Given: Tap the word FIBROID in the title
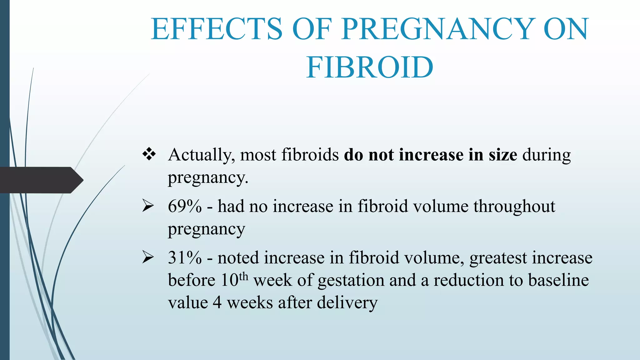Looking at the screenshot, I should click(370, 67).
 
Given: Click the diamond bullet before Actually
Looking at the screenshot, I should click(149, 154).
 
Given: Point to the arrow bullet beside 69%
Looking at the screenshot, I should click(148, 206).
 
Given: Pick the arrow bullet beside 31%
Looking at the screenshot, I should click(148, 257).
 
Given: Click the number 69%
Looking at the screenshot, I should click(185, 206).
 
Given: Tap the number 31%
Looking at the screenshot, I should click(185, 258).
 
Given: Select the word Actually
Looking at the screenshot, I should click(201, 155).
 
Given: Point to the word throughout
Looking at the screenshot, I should click(514, 207).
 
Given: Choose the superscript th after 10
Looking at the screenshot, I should click(243, 277).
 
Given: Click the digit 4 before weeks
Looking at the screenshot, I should click(217, 303).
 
